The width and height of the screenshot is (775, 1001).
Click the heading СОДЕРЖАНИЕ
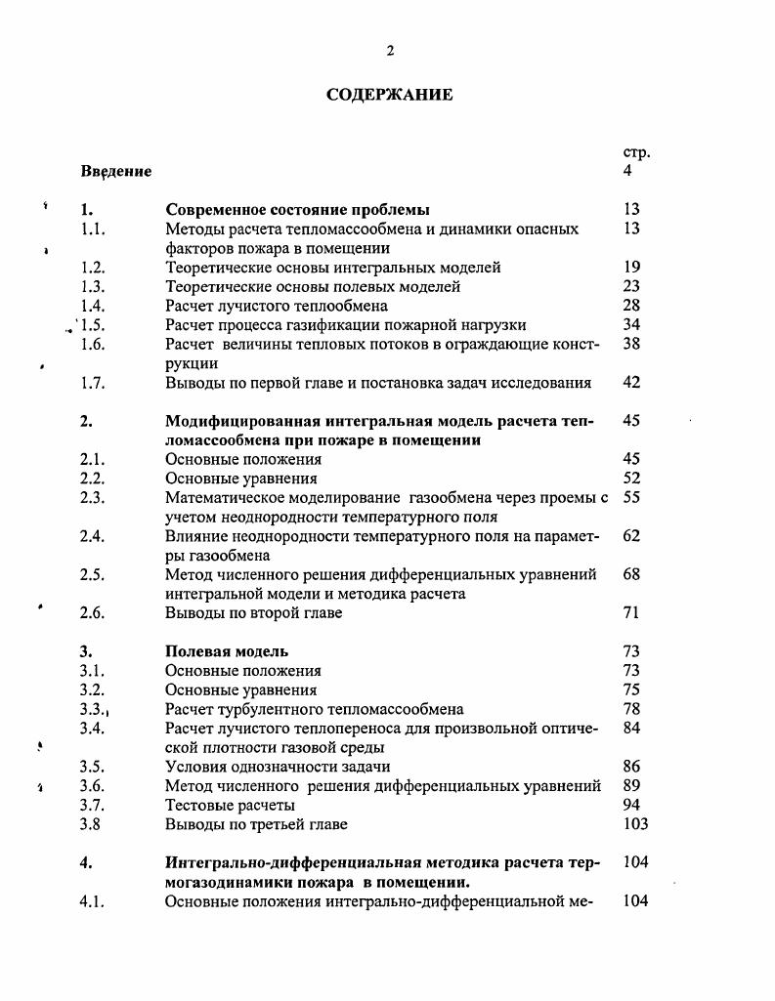[389, 95]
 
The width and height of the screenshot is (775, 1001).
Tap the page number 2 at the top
[390, 51]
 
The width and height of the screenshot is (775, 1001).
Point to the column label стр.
[635, 152]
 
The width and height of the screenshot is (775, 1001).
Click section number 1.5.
[94, 324]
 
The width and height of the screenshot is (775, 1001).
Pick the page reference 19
[630, 267]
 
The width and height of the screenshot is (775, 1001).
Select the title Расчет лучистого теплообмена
[276, 306]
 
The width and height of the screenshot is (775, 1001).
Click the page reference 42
[630, 382]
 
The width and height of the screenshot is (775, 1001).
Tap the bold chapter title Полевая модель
[227, 650]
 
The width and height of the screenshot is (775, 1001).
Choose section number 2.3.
[93, 498]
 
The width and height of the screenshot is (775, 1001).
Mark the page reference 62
[630, 536]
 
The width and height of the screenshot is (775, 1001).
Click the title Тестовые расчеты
[230, 805]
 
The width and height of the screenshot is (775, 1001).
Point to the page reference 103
[634, 823]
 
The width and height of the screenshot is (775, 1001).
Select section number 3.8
[91, 823]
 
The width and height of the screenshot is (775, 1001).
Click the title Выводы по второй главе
[253, 612]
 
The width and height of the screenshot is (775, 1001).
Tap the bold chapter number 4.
[85, 862]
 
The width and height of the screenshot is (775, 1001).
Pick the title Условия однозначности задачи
[278, 767]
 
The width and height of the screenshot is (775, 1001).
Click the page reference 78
[630, 708]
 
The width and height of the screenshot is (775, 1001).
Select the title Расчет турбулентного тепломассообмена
[314, 708]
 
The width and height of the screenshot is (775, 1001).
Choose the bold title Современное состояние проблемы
[297, 209]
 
